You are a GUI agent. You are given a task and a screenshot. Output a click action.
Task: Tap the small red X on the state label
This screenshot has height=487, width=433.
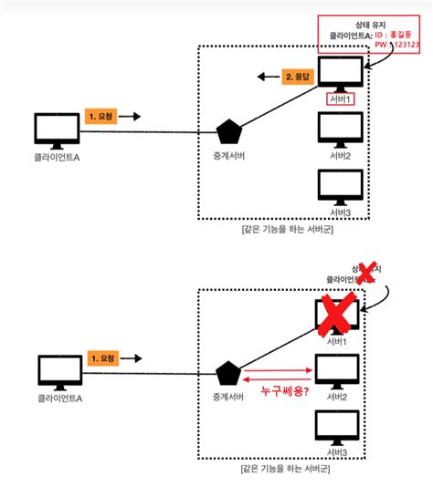(366, 273)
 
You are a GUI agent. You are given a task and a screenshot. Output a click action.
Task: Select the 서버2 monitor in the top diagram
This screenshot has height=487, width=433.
(340, 129)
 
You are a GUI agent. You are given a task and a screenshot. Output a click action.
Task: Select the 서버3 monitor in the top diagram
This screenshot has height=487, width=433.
(340, 186)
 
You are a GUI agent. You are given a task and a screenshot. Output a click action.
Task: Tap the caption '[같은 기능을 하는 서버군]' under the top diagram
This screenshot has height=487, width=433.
(288, 231)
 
